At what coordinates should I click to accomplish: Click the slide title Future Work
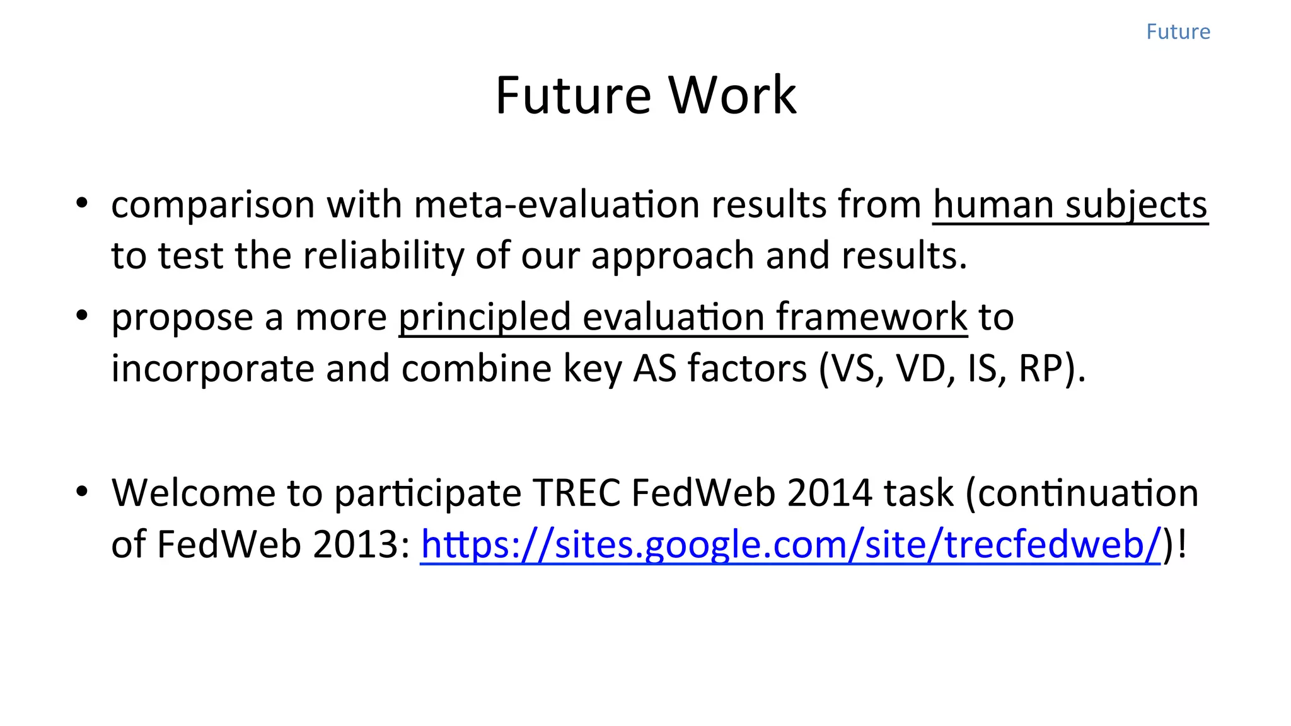click(645, 95)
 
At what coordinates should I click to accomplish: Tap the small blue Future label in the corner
click(1178, 32)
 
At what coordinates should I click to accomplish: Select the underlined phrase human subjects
click(1070, 205)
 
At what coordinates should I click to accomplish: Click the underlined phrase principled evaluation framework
click(683, 317)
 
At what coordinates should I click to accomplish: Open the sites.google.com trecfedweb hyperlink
click(790, 544)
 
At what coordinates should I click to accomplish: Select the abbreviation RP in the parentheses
click(1040, 369)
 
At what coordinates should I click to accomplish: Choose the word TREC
click(577, 493)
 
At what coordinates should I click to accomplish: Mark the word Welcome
click(193, 493)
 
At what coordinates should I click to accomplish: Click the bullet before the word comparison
click(81, 204)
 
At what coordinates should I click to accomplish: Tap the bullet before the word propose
click(81, 316)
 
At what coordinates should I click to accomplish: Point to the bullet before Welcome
click(81, 492)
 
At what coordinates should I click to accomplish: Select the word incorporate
click(212, 369)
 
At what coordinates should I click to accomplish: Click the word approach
click(672, 256)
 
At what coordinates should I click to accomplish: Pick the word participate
click(427, 493)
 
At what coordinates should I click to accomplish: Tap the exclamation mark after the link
click(1181, 544)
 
